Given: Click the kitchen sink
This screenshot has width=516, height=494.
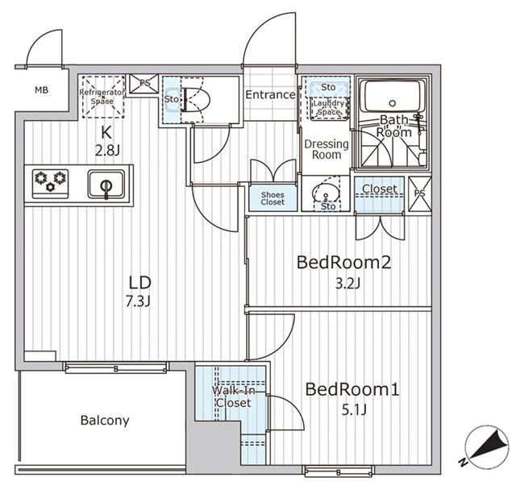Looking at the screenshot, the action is (106, 185).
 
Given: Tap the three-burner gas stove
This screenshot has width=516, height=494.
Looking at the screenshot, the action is (50, 184).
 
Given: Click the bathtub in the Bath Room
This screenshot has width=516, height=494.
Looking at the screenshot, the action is (392, 96).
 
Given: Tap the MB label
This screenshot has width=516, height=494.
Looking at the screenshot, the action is (41, 89).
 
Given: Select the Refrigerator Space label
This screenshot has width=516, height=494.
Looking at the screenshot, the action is (102, 97).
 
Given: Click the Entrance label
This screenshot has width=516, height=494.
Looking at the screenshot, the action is (271, 95).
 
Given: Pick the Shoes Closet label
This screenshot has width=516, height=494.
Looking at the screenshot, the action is (273, 198).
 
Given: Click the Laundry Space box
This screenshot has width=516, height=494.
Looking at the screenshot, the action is (329, 108).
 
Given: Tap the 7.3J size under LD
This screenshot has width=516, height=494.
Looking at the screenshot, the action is (138, 301).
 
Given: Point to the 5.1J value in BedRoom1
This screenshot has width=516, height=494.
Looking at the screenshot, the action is (354, 410).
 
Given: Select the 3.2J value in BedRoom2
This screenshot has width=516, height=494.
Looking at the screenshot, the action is (347, 283).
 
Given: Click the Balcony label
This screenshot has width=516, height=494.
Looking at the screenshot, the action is (105, 421).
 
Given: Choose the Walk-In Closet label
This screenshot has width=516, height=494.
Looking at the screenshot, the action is (233, 396).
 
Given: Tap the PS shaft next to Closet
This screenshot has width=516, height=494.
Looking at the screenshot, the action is (419, 193).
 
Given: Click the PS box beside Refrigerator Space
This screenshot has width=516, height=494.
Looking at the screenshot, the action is (144, 84).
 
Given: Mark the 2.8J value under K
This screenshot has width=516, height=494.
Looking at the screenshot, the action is (107, 151).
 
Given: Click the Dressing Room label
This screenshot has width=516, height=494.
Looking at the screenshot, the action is (327, 149).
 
